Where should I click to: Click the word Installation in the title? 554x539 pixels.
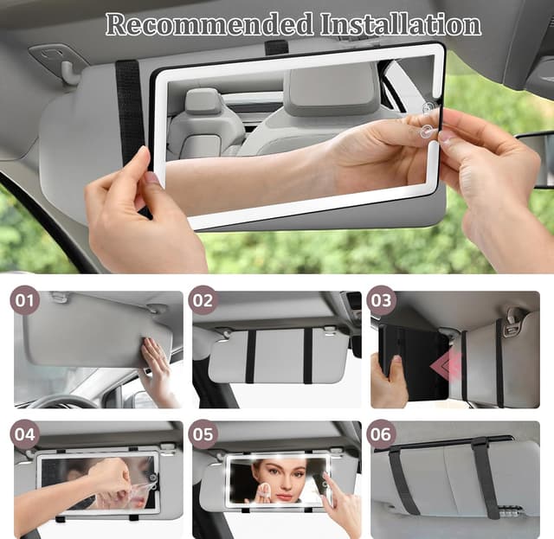click(399, 24)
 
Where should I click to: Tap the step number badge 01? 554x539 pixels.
click(25, 301)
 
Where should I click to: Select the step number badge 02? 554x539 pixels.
click(203, 301)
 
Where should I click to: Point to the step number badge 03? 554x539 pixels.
click(381, 301)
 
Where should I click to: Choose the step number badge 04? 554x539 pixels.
click(25, 433)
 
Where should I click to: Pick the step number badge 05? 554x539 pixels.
click(203, 433)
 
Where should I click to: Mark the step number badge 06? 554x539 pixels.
click(381, 433)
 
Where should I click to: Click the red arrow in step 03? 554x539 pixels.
click(446, 365)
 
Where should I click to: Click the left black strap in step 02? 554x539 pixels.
click(250, 356)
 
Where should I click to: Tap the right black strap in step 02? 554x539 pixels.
click(307, 356)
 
